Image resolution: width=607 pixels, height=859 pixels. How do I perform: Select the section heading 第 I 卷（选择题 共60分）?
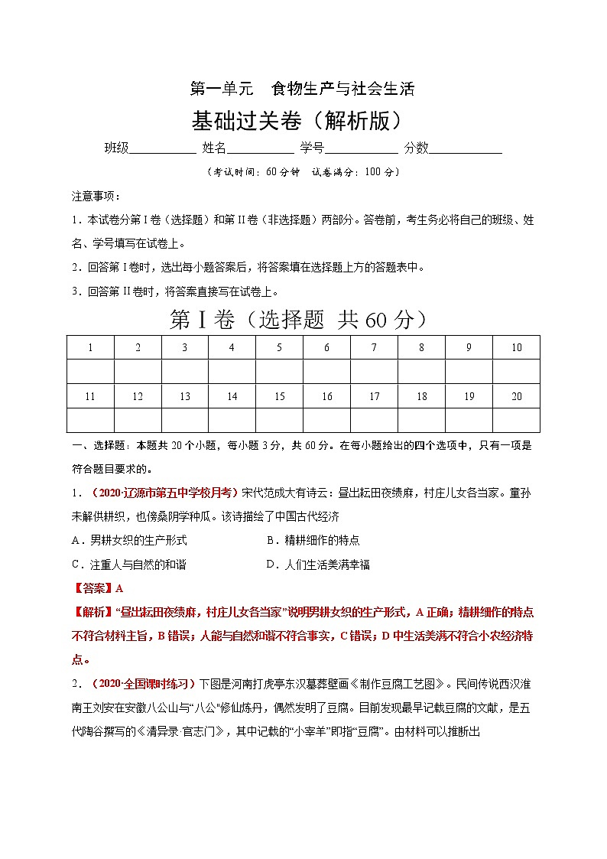(x=303, y=320)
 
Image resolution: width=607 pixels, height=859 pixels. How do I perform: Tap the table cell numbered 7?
(x=374, y=347)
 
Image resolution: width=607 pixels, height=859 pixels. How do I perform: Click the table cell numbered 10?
(x=516, y=347)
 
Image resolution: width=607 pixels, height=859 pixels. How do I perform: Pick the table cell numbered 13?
(x=185, y=396)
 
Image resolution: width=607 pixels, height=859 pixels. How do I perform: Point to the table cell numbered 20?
(x=516, y=396)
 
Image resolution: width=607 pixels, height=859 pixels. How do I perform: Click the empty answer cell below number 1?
(x=90, y=372)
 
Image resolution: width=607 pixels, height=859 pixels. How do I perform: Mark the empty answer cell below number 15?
(x=280, y=420)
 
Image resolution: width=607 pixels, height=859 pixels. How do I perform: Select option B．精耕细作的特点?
(x=313, y=540)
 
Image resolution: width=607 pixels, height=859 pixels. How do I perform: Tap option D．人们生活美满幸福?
(x=317, y=565)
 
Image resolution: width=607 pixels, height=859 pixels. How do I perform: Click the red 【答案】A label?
(x=97, y=588)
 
